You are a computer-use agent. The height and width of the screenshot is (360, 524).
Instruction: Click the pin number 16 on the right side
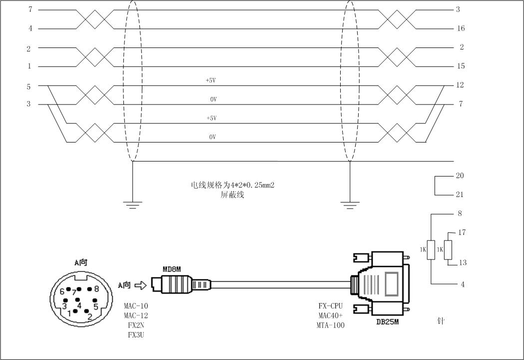[461, 28]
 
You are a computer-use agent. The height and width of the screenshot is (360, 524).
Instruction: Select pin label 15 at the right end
[461, 66]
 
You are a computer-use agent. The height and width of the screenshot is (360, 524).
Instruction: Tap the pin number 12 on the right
[461, 85]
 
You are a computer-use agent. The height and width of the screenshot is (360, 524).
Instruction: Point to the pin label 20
[460, 175]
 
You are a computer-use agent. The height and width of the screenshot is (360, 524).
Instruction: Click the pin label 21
[460, 194]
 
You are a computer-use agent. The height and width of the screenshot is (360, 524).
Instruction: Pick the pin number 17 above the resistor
[462, 232]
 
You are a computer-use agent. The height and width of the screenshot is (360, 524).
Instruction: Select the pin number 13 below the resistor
[463, 262]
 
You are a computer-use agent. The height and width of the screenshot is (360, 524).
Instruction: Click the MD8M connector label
[171, 269]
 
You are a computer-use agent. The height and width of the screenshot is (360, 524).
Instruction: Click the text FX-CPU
[330, 306]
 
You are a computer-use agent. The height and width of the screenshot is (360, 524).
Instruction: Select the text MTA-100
[330, 325]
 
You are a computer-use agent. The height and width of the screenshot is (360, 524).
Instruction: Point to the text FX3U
[136, 334]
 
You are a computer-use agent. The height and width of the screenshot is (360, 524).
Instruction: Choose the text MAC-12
[136, 315]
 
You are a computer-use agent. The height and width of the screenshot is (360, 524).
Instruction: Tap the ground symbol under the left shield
[132, 204]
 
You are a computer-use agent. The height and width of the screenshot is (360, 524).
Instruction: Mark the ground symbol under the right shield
[350, 204]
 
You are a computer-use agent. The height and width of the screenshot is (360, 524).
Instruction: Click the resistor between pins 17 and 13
[448, 248]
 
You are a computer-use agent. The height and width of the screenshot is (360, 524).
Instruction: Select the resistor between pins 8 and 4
[431, 248]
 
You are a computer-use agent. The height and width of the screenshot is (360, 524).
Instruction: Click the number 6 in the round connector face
[62, 291]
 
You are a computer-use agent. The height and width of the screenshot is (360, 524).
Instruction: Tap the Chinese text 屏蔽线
[232, 195]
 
